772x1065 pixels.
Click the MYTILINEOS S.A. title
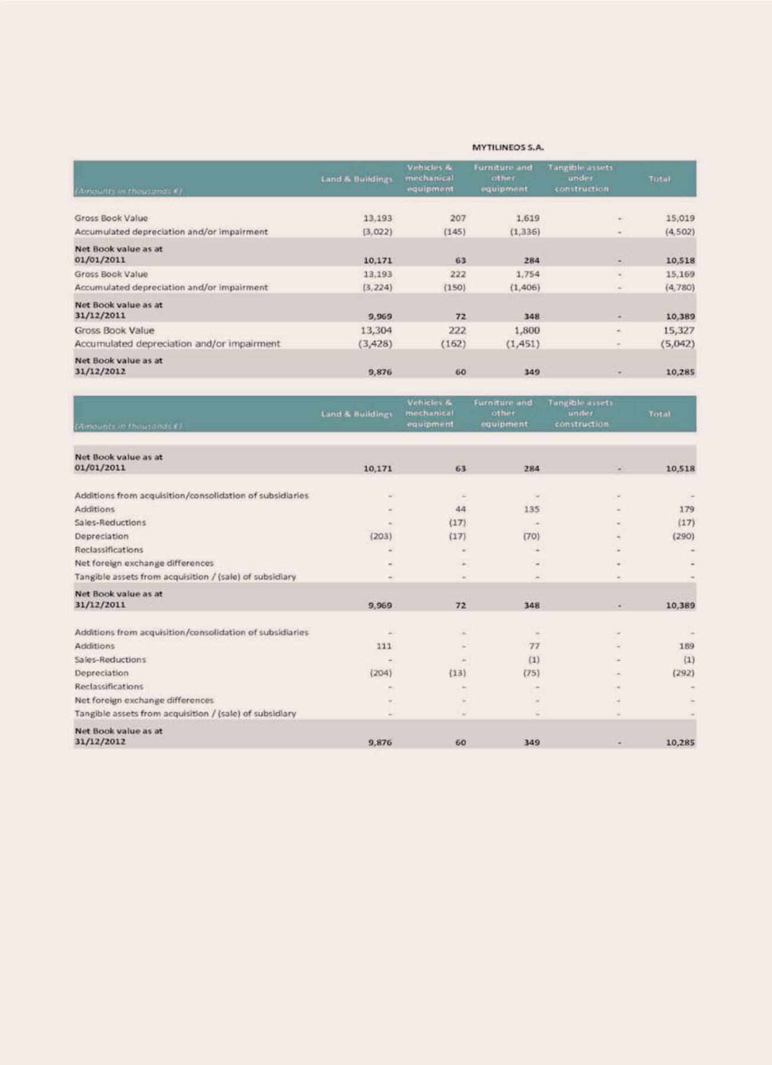pyautogui.click(x=508, y=147)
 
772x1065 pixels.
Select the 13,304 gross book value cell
pyautogui.click(x=376, y=330)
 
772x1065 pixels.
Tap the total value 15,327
pyautogui.click(x=679, y=330)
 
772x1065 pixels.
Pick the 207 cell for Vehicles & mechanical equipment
pyautogui.click(x=458, y=218)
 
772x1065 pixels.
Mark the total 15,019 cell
pyautogui.click(x=680, y=218)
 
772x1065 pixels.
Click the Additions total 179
pyautogui.click(x=687, y=509)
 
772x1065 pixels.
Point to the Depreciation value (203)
pyautogui.click(x=380, y=536)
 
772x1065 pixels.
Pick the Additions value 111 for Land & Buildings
pyautogui.click(x=383, y=646)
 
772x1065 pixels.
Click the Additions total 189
pyautogui.click(x=687, y=646)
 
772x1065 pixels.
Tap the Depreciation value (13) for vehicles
pyautogui.click(x=457, y=673)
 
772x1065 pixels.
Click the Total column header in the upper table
pyautogui.click(x=659, y=178)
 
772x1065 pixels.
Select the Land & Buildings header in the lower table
pyautogui.click(x=357, y=414)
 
